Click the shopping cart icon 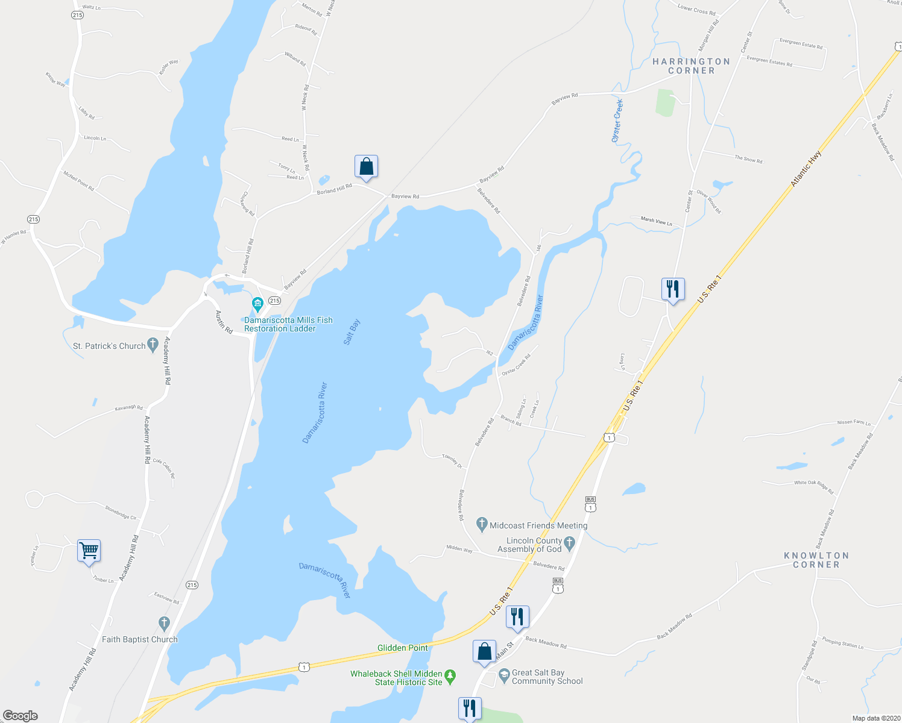(x=89, y=550)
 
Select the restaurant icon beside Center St (x=672, y=289)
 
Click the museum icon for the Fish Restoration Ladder (x=257, y=302)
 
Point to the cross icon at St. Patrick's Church (x=153, y=345)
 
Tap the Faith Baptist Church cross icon (x=163, y=624)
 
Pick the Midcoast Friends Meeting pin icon (x=481, y=524)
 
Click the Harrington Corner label (x=691, y=66)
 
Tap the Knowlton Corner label (x=816, y=560)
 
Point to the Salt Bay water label (x=352, y=332)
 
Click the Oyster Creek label (x=617, y=120)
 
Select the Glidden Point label (x=402, y=648)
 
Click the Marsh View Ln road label (x=656, y=221)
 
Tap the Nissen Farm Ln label (x=854, y=422)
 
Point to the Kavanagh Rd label (x=128, y=408)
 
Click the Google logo (x=20, y=715)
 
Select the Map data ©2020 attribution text (x=874, y=718)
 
